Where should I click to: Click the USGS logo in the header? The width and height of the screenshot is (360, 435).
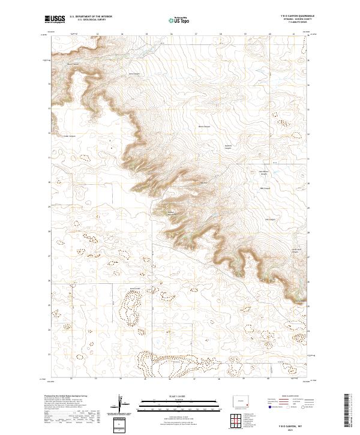pyautogui.click(x=53, y=19)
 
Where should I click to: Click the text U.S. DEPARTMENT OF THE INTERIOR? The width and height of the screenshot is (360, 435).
pyautogui.click(x=91, y=16)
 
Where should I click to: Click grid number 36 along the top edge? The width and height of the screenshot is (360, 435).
pyautogui.click(x=171, y=34)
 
